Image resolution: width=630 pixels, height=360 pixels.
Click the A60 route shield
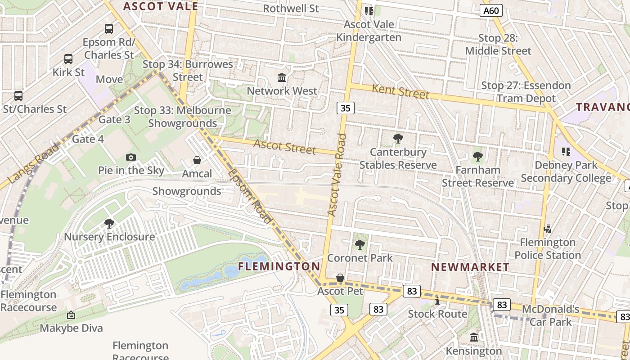click(490, 10)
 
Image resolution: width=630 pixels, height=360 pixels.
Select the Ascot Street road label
click(284, 147)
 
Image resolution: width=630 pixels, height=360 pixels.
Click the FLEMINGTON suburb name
click(279, 266)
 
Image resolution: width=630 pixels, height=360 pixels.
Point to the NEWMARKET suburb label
click(470, 267)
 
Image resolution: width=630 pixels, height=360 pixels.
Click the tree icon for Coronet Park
click(360, 245)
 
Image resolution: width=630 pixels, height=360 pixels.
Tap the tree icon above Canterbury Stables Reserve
click(398, 139)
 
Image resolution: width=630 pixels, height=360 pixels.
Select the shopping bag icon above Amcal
click(197, 160)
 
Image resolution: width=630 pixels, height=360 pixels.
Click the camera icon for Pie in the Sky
click(131, 157)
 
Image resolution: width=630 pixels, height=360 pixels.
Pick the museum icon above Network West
click(282, 78)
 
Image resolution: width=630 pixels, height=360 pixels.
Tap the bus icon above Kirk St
click(68, 59)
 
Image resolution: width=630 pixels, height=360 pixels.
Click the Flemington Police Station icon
click(547, 229)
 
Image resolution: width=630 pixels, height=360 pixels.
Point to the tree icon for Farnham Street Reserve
click(477, 157)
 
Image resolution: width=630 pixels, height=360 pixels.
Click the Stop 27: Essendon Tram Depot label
click(526, 92)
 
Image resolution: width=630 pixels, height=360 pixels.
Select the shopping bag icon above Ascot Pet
click(340, 278)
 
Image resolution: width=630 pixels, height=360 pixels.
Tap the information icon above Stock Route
click(437, 300)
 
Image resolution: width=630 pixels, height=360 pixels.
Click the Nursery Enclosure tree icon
click(109, 223)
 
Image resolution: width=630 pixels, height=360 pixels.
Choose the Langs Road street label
click(34, 163)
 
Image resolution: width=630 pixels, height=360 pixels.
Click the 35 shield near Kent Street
click(345, 108)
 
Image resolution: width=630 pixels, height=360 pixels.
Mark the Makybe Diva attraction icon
click(71, 315)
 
